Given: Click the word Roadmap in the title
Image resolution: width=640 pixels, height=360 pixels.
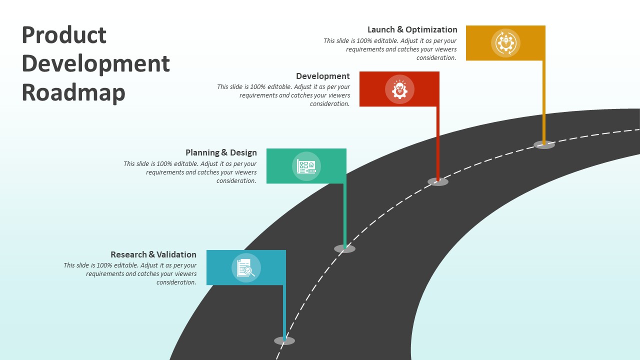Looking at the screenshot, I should click(73, 92).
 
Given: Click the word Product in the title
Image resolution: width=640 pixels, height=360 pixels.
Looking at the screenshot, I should click(64, 35).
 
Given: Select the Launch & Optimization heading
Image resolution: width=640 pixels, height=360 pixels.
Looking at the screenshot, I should click(412, 29).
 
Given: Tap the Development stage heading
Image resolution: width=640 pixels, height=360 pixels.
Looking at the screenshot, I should click(322, 76).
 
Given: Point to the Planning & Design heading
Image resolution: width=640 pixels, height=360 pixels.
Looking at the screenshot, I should click(221, 152).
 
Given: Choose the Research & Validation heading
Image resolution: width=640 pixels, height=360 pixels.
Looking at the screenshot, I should click(153, 254).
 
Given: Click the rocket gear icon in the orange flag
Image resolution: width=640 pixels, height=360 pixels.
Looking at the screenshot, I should click(505, 43).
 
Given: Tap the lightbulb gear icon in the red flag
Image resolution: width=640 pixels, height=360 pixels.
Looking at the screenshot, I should click(399, 89).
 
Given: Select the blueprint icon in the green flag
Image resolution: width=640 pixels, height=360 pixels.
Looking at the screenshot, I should click(306, 166).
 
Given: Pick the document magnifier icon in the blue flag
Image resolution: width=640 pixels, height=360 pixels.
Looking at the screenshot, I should click(246, 268).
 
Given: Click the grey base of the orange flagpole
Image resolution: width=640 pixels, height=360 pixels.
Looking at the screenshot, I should click(544, 145).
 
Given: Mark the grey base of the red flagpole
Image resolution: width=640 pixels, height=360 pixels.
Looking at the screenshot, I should click(438, 182).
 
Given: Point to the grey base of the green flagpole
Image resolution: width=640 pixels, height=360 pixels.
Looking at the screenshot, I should click(344, 248).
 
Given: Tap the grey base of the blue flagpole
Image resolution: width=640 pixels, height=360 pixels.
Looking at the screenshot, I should click(284, 341).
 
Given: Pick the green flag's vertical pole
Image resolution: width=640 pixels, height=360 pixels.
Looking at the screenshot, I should click(344, 215).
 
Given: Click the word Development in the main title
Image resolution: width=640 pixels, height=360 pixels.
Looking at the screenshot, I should click(96, 64).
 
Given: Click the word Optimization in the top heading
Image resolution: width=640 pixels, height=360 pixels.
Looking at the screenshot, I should click(431, 29).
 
